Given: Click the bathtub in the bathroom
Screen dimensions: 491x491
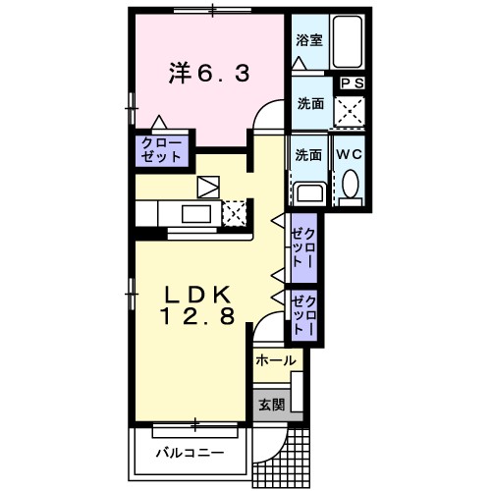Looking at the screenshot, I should (x=347, y=41).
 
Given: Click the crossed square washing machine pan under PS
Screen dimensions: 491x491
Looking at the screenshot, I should (x=351, y=110).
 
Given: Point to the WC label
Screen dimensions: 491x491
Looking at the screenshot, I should (x=351, y=154).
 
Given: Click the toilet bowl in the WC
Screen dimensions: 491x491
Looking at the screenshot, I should (x=351, y=185).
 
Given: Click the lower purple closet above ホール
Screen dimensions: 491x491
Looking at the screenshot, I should (x=304, y=316).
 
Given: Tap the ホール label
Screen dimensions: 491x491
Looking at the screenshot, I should (x=276, y=361).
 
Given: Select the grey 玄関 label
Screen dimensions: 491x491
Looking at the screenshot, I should (x=271, y=405).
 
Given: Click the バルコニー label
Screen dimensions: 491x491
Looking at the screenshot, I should (x=190, y=454).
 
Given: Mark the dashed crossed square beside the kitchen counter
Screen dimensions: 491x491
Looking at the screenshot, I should (x=234, y=212).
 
